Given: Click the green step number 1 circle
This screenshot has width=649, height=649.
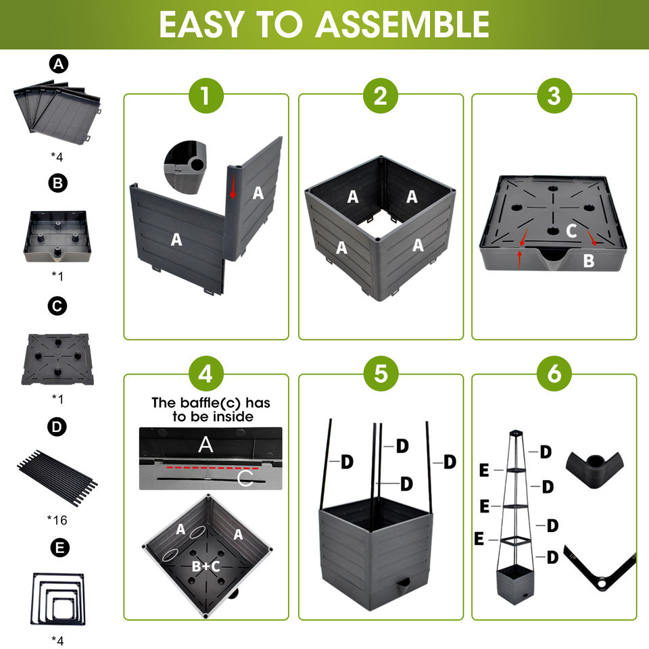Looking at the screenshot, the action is pos(206,96).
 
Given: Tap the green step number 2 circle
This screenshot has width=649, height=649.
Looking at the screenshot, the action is pos(381,96).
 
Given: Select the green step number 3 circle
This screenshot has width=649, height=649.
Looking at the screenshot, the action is pos(554,96).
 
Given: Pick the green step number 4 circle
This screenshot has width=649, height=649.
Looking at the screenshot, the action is pos(206,374).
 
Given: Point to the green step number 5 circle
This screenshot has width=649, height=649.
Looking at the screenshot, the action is pos(381,374).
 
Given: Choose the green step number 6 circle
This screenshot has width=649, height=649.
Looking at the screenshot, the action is pos(554,374).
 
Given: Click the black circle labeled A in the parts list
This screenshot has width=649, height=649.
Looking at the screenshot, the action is pos(59,64).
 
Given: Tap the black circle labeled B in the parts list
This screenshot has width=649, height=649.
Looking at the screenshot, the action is pos(59,184).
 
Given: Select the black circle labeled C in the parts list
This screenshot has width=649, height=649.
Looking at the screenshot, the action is pos(59,306).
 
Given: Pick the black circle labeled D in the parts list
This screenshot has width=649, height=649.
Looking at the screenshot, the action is pos(59,427).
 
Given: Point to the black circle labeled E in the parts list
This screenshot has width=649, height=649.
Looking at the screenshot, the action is pos(59,548).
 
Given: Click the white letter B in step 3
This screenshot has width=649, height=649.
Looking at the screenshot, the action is pos(589,260).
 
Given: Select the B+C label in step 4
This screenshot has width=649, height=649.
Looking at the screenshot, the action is pos(206,567).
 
